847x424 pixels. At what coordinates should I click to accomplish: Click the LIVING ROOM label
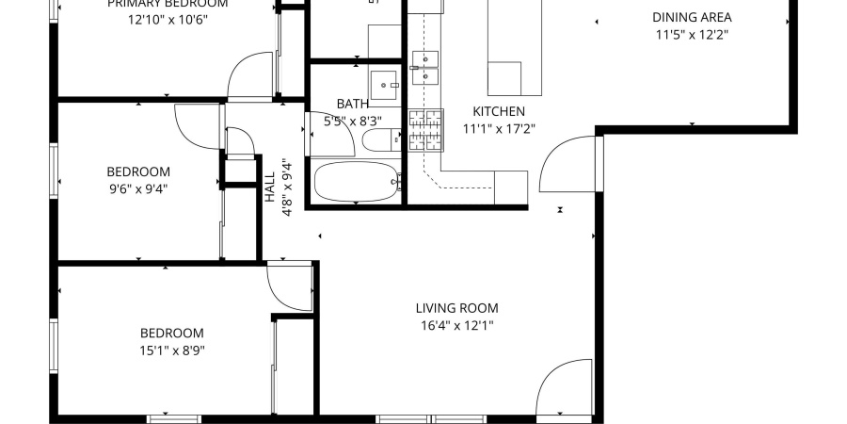coord(456,308)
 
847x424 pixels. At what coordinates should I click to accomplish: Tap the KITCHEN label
coord(498,111)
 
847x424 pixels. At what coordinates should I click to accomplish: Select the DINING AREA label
coord(692,17)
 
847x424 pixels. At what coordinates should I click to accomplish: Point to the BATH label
coord(352,104)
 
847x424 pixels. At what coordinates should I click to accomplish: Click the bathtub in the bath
coord(357,181)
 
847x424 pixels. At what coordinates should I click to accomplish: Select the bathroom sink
coord(385,84)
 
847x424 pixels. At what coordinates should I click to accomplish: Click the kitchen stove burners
coord(424,130)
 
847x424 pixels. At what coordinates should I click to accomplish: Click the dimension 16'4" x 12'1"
coord(456,326)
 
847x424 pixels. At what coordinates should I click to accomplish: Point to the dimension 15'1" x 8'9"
coord(171,351)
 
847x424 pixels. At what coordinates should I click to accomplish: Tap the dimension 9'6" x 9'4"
coord(138,188)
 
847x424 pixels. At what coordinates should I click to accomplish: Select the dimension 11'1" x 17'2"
coord(498,129)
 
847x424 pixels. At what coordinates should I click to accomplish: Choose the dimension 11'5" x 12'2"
coord(692,35)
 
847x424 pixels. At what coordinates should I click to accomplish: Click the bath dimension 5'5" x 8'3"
coord(352,121)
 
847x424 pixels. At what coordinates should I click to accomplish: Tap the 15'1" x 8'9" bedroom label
coord(171,333)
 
